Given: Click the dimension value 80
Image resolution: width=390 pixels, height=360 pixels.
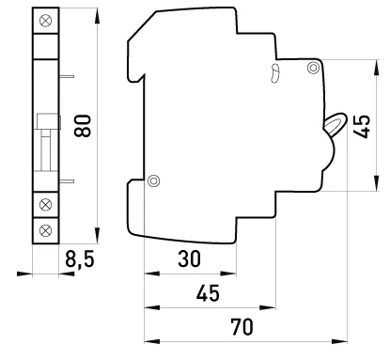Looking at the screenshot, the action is tap(83, 126).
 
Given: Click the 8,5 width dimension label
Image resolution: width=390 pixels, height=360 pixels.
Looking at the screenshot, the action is tap(80, 259).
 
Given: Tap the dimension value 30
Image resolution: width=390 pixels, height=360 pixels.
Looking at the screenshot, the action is tap(189, 258).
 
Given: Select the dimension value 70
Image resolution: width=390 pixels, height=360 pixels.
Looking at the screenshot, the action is tap(242, 327).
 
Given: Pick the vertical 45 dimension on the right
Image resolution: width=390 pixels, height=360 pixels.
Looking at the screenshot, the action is tap(362, 127).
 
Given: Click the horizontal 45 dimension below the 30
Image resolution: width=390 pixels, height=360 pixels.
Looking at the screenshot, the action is tap(208, 293).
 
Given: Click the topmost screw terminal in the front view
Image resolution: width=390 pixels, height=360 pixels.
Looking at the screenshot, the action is tap(46, 21).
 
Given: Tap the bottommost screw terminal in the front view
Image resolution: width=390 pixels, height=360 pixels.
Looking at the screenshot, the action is tap(46, 230).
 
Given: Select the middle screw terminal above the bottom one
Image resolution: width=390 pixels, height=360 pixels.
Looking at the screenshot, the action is tap(46, 205).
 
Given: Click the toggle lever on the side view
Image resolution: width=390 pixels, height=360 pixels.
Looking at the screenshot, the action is tap(335, 122).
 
